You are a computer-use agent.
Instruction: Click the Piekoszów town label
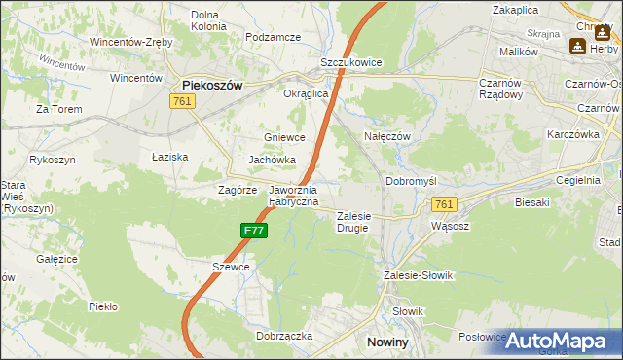pos(212,85)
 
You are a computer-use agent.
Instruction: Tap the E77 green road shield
pos(254,231)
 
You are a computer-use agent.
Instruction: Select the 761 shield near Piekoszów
pos(181,101)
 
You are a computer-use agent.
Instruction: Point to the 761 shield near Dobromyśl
pos(444,203)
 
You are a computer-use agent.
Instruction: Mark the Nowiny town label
pos(393,342)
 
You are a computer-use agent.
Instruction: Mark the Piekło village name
pos(103,306)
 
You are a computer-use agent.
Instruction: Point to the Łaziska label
pos(170,156)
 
